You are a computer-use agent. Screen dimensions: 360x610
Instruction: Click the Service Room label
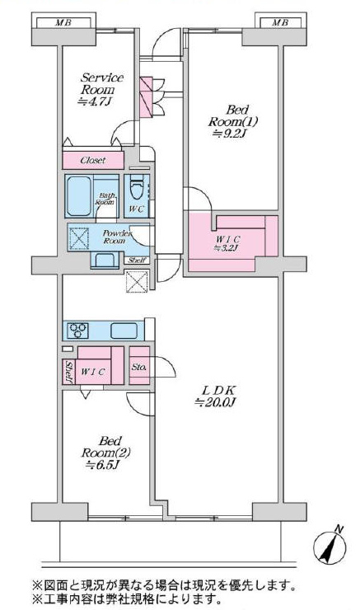coord(101,90)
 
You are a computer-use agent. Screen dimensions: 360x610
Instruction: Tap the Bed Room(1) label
coord(232,121)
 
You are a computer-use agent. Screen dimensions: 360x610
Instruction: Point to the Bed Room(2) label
coord(105,453)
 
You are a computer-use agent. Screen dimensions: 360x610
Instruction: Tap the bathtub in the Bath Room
coord(78,196)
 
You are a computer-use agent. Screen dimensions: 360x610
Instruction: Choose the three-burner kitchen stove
coord(78,331)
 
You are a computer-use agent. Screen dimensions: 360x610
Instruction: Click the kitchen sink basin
coord(124,331)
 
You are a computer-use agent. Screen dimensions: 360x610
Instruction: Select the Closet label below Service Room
coord(93,160)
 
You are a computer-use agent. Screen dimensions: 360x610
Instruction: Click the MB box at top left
coord(63,22)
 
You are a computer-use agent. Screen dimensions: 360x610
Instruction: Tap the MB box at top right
coord(280,22)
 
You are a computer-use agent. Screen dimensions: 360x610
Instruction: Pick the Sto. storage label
coord(138,367)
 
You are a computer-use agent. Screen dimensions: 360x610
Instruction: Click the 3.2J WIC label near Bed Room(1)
coord(228,242)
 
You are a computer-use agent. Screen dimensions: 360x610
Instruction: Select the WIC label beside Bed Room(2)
coord(93,372)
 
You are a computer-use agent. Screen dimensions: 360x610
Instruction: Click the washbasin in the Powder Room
coord(104,260)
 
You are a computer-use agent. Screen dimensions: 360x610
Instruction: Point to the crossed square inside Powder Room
coord(79,238)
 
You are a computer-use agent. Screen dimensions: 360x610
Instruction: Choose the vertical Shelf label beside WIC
coord(68,372)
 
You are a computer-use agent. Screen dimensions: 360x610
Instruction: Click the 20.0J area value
coord(215,402)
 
